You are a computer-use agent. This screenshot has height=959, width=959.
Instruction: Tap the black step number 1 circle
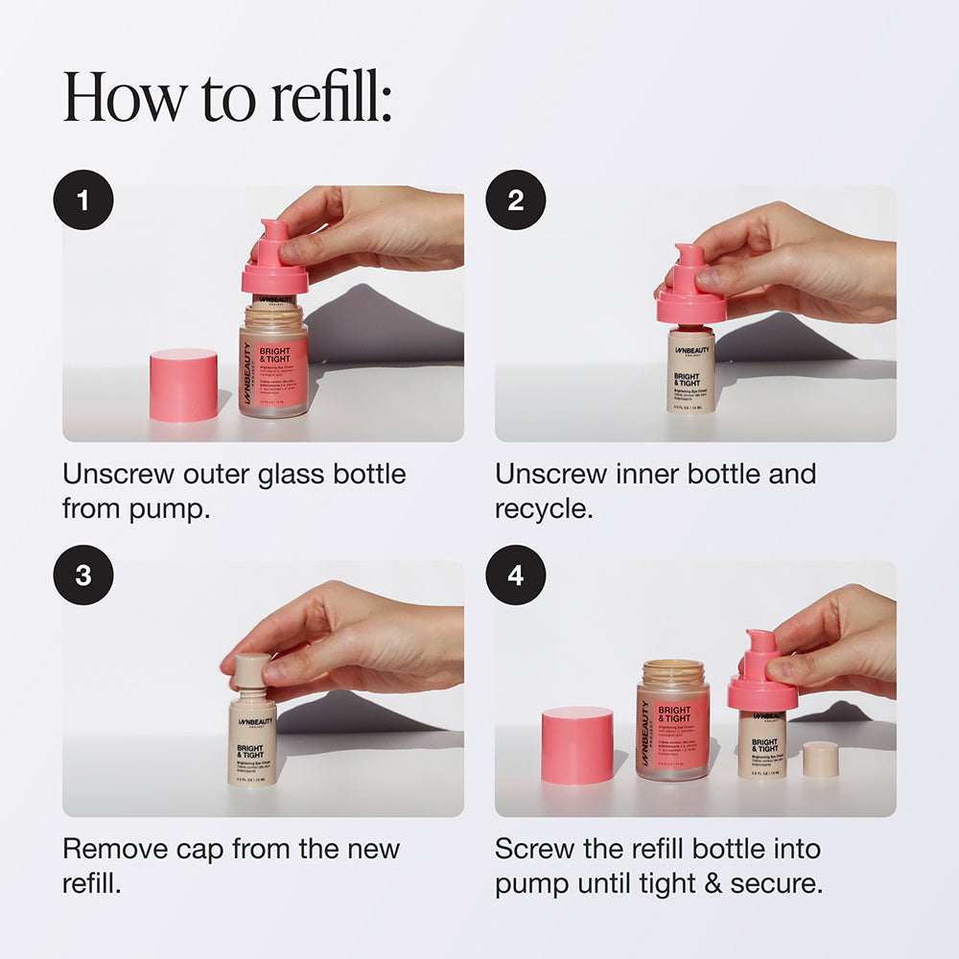point(83,200)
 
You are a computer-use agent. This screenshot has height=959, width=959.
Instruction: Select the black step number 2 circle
point(516,200)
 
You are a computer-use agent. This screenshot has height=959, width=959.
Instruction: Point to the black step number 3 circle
point(83,575)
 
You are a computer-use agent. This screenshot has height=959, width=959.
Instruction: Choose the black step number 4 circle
point(516,575)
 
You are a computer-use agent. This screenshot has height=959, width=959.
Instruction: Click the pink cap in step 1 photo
point(183,386)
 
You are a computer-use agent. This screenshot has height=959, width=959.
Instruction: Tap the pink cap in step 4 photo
point(576,746)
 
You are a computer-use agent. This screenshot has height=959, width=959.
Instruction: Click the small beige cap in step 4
point(821,759)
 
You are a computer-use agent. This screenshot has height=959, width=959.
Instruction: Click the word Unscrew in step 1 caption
point(116,474)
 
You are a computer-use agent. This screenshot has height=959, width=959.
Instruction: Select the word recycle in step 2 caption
point(541,509)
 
